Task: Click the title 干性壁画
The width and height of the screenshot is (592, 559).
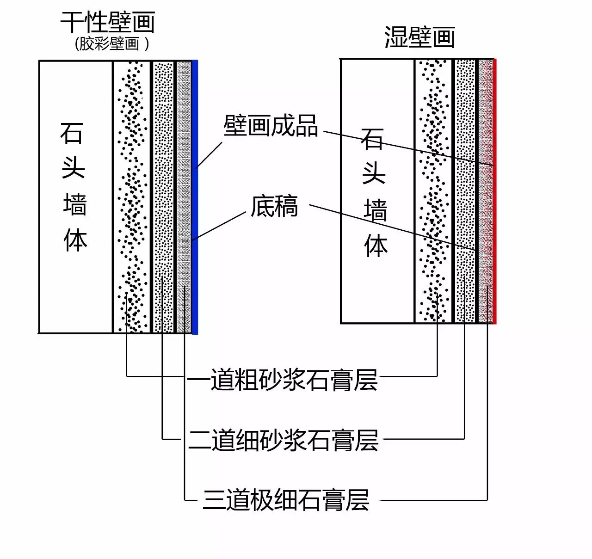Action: click(107, 22)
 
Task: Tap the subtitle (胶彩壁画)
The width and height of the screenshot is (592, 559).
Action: click(112, 44)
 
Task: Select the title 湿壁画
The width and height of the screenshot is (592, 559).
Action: click(419, 37)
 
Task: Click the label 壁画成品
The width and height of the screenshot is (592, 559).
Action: click(271, 125)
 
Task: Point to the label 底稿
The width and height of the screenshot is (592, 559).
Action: click(274, 206)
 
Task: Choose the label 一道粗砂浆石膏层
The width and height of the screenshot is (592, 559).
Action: click(282, 380)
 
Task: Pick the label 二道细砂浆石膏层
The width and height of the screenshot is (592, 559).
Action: click(283, 440)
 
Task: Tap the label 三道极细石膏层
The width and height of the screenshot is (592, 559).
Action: click(286, 500)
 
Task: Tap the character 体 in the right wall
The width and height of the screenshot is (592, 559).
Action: click(376, 246)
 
